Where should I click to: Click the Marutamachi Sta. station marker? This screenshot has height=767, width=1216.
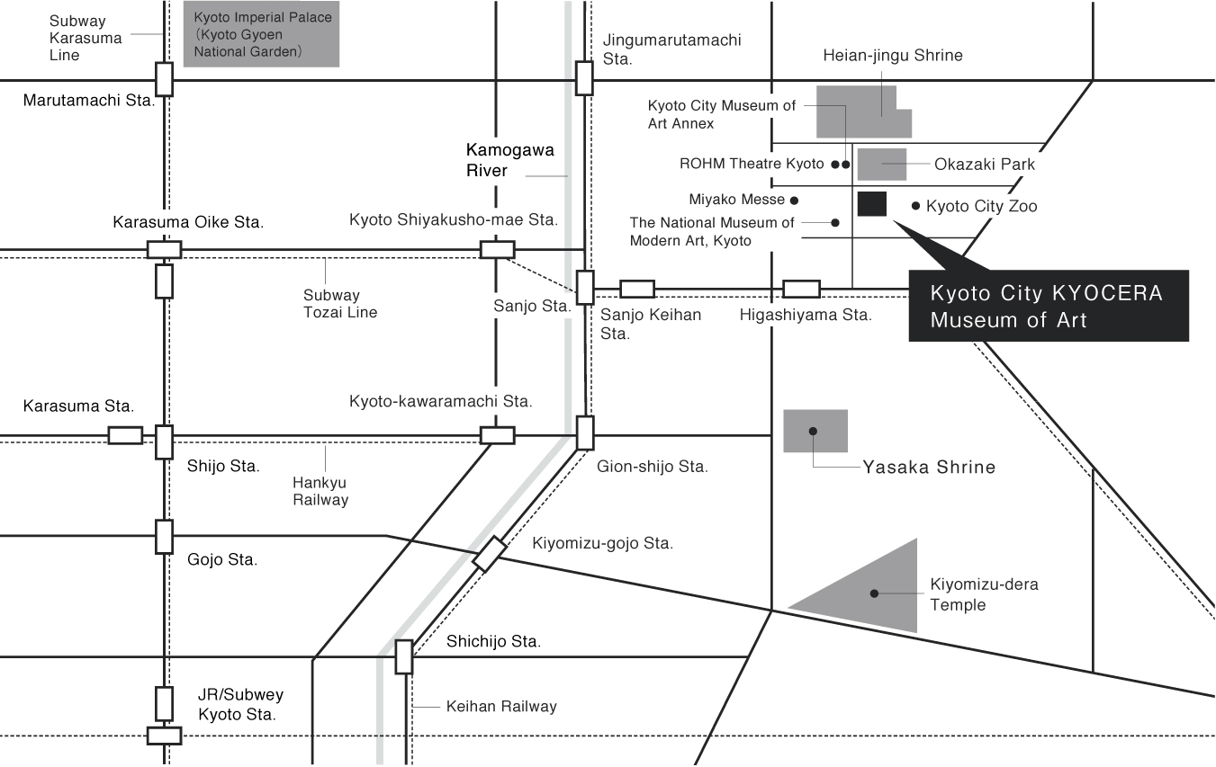pos(164,79)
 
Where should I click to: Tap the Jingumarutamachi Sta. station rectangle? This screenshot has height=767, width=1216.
pos(584,78)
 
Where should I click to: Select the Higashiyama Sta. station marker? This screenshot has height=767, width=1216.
pos(801,289)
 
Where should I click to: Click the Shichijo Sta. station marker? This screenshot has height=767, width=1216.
pos(403,656)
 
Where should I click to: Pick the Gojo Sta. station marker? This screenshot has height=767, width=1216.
pos(164,536)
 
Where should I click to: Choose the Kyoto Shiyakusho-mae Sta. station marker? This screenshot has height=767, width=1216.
pos(497,249)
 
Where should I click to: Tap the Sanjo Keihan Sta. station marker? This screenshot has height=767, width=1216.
pos(637,289)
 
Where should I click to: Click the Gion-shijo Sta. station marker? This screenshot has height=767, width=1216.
pos(585,433)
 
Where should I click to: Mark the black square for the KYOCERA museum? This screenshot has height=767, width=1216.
pos(872,204)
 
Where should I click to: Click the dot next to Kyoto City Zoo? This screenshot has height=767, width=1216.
pos(916,206)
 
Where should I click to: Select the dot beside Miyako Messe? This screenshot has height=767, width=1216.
pos(794,200)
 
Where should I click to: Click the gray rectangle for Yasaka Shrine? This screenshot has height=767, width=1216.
pos(815,431)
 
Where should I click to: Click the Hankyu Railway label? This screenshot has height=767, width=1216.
pos(320,491)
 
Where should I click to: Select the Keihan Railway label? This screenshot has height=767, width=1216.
pos(501,707)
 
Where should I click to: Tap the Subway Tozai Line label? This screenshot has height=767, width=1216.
pos(339,304)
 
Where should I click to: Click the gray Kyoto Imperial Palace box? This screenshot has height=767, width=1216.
pos(261,34)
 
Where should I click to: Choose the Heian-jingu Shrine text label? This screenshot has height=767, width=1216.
pos(892,56)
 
